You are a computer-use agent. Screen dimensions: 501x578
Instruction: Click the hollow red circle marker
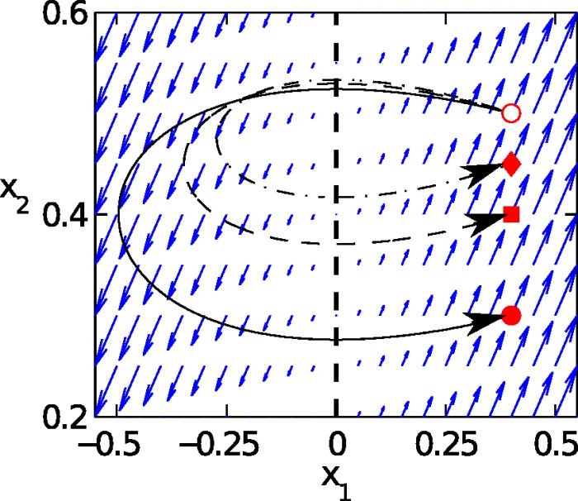[x=511, y=112]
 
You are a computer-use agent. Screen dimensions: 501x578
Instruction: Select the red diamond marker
[x=511, y=165]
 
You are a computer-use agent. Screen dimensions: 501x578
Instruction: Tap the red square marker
[x=511, y=215]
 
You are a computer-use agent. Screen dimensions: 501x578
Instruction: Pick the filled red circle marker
[x=511, y=315]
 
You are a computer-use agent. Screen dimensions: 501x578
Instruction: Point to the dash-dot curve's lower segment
[x=347, y=198]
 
